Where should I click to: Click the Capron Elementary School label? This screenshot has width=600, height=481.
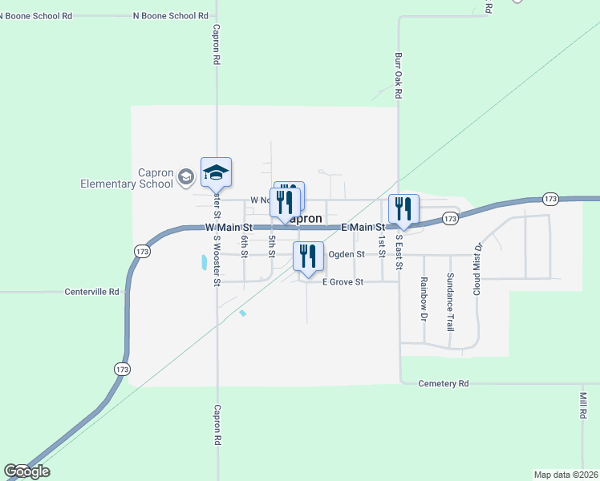click(x=126, y=177)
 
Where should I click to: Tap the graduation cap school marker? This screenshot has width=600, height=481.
click(x=216, y=172)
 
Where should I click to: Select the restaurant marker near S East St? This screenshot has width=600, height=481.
click(x=403, y=210)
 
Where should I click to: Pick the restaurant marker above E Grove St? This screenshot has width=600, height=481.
click(x=308, y=257)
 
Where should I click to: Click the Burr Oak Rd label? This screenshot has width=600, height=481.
click(x=398, y=76)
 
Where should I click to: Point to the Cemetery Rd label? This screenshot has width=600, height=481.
click(x=444, y=384)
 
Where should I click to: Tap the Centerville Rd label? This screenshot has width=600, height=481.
click(x=91, y=292)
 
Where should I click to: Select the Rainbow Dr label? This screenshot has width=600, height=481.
click(x=423, y=299)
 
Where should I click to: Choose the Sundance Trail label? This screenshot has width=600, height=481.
click(x=450, y=302)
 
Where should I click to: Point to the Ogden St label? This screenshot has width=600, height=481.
click(x=347, y=254)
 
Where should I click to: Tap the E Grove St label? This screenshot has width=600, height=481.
click(x=343, y=282)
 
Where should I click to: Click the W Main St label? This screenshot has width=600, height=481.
click(x=229, y=228)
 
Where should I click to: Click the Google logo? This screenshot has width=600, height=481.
click(x=26, y=471)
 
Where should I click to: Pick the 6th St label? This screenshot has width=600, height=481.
click(x=244, y=246)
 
